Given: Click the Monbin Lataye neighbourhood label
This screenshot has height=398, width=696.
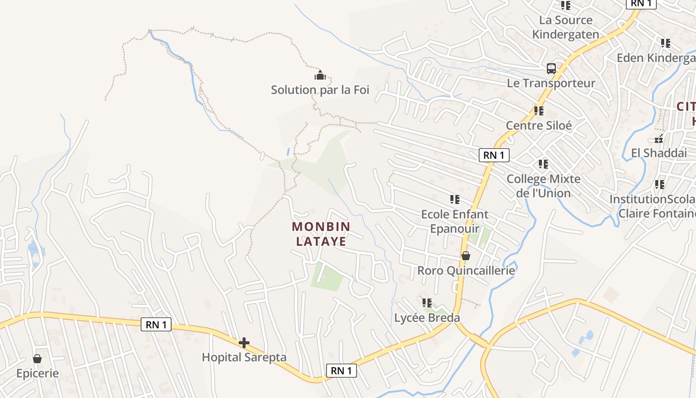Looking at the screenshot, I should pyautogui.click(x=321, y=234).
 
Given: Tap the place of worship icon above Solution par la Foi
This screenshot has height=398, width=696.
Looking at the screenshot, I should pyautogui.click(x=320, y=76).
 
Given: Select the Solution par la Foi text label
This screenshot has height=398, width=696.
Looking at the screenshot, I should pyautogui.click(x=320, y=90).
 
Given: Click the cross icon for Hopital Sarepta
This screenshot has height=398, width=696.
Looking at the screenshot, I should pyautogui.click(x=244, y=343).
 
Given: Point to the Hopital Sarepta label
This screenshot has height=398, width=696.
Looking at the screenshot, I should pyautogui.click(x=244, y=357).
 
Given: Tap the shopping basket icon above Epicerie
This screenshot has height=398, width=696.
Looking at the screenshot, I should pyautogui.click(x=37, y=359).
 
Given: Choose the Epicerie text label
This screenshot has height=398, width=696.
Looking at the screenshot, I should pyautogui.click(x=37, y=373).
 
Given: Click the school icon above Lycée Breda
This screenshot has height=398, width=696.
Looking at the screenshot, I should pyautogui.click(x=427, y=302).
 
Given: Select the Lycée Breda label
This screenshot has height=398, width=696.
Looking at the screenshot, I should pyautogui.click(x=427, y=317).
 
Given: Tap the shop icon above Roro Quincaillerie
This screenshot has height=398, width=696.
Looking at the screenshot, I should pyautogui.click(x=466, y=256).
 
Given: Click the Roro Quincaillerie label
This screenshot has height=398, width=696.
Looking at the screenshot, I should pyautogui.click(x=466, y=271).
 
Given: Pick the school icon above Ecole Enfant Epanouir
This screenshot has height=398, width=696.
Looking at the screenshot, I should pyautogui.click(x=454, y=199).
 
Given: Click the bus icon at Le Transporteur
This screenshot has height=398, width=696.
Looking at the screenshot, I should pyautogui.click(x=551, y=69).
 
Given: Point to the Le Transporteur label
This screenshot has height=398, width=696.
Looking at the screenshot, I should pyautogui.click(x=551, y=83).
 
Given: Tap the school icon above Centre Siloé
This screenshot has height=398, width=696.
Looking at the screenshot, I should pyautogui.click(x=539, y=111).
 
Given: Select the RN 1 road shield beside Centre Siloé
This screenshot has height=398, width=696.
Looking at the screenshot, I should pyautogui.click(x=494, y=155).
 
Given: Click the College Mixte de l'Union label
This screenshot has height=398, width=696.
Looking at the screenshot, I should pyautogui.click(x=543, y=186).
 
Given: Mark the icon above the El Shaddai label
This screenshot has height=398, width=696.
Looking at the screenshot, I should pyautogui.click(x=659, y=139).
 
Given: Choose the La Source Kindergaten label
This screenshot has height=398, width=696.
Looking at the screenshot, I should pyautogui.click(x=566, y=27).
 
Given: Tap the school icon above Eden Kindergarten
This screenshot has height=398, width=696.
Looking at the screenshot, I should pyautogui.click(x=666, y=43).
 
